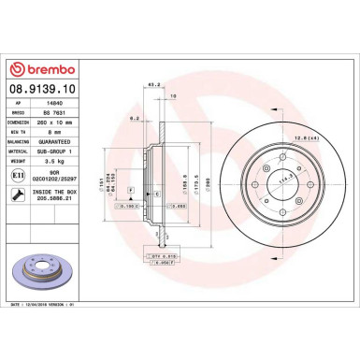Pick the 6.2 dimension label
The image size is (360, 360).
click(134, 119)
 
